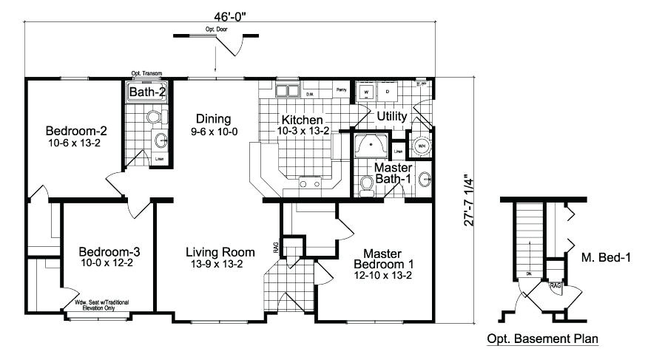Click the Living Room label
click(x=220, y=257)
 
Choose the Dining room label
click(x=213, y=123)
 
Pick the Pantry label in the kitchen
click(x=341, y=89)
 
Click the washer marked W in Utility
click(x=365, y=92)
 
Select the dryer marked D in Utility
click(x=388, y=92)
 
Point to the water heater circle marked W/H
click(x=422, y=145)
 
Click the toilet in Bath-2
click(x=155, y=116)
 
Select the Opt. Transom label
click(x=146, y=73)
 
